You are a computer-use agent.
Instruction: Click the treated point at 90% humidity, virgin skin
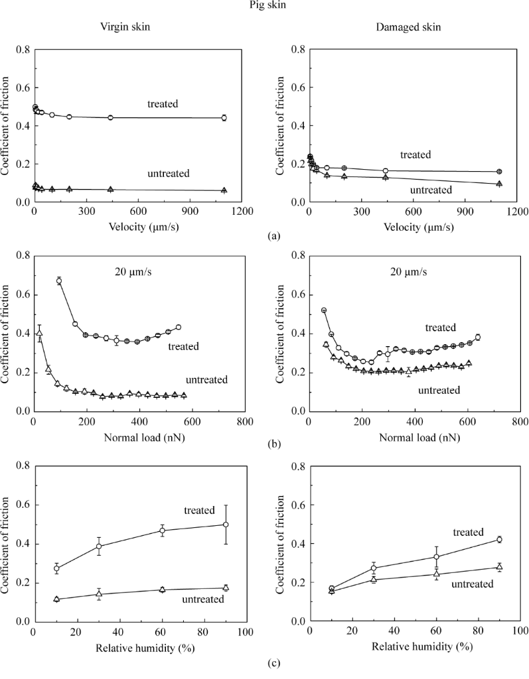point(226,525)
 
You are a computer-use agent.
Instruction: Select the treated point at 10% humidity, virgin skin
point(56,568)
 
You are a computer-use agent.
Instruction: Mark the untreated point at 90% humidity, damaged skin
point(499,567)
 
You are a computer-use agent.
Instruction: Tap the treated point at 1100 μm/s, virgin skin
point(224,117)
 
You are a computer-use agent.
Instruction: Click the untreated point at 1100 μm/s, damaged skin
point(499,184)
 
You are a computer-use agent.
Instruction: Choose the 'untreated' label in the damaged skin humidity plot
point(472,584)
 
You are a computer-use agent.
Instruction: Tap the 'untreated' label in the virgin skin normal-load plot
point(206,380)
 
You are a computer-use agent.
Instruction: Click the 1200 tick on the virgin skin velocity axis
point(242,212)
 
